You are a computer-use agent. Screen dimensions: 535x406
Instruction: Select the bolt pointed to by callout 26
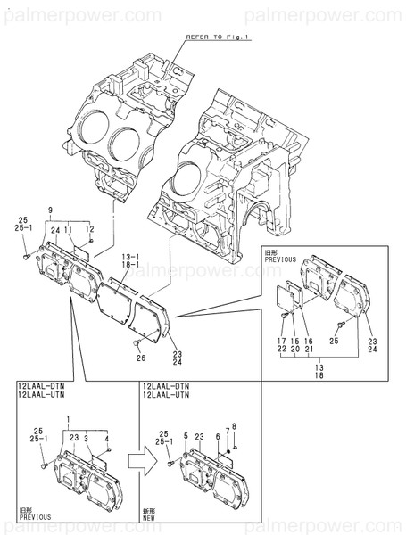click(x=133, y=342)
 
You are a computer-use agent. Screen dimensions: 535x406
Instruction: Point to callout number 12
click(x=89, y=229)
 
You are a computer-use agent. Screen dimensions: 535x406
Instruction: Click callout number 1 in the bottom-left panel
click(x=67, y=418)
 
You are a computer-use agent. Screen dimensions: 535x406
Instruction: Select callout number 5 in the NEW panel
click(x=185, y=436)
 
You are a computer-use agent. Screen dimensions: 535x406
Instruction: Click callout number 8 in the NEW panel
click(x=234, y=424)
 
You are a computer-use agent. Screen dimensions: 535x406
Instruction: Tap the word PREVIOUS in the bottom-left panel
click(x=35, y=517)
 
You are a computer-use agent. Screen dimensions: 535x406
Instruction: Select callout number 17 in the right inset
click(x=279, y=341)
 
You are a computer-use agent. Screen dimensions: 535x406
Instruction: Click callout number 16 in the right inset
click(x=308, y=341)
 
